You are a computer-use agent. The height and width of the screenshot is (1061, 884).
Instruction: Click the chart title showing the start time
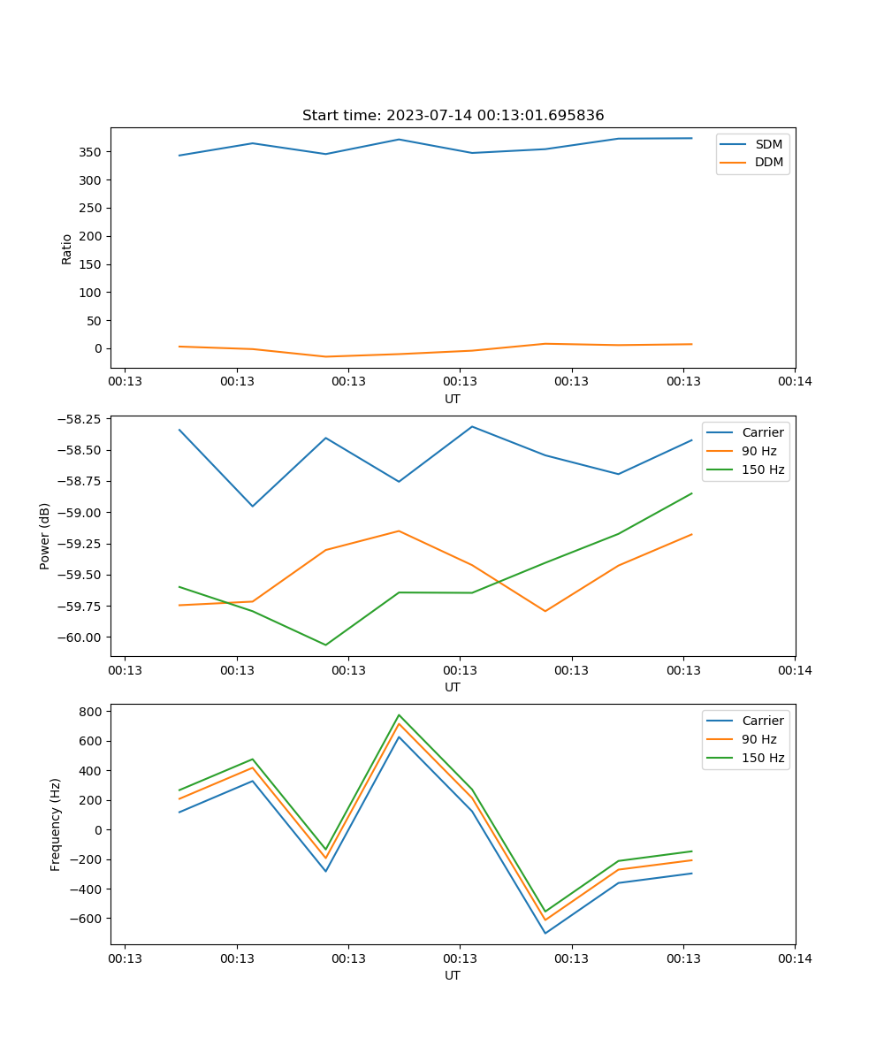tap(453, 116)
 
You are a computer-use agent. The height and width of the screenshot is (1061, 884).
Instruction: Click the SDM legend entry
tap(768, 144)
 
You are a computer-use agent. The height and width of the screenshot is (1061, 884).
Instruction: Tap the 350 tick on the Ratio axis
tap(91, 152)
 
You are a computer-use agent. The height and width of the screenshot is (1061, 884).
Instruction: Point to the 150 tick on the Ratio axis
tap(91, 264)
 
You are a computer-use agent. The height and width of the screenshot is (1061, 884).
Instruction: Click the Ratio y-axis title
tap(67, 248)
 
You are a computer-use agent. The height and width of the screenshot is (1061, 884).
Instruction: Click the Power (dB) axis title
tap(45, 536)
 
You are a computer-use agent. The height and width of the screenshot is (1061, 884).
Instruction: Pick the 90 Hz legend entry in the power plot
tap(759, 451)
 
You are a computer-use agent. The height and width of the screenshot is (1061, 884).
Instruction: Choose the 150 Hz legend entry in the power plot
tap(763, 469)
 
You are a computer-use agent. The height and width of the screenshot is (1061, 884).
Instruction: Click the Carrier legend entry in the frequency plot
tap(762, 721)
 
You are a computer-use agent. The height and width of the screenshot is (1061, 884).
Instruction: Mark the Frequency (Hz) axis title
tap(56, 824)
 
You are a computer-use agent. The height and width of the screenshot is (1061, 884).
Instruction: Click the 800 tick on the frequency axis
tap(91, 712)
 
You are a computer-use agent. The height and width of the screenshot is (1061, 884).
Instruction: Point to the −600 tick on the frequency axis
tap(87, 919)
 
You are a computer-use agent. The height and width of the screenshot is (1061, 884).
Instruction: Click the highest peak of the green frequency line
tap(399, 715)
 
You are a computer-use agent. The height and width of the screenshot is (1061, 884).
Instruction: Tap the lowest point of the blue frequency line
tap(545, 933)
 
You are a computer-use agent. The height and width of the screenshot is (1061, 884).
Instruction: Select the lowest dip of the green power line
tap(325, 645)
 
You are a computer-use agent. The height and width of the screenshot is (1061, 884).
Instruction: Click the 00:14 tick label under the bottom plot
tap(795, 958)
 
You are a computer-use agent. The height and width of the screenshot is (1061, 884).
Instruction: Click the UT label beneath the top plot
tap(453, 399)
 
